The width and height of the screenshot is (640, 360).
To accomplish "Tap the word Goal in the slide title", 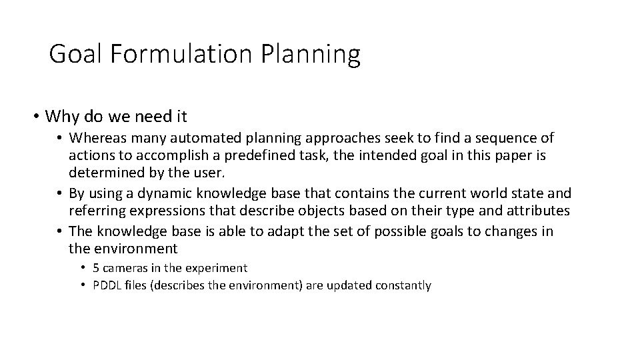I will click(74, 54).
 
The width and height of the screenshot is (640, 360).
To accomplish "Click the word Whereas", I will click(99, 138).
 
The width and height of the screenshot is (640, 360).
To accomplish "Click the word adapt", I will click(269, 231).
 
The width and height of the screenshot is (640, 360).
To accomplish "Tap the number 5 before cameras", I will click(96, 267).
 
